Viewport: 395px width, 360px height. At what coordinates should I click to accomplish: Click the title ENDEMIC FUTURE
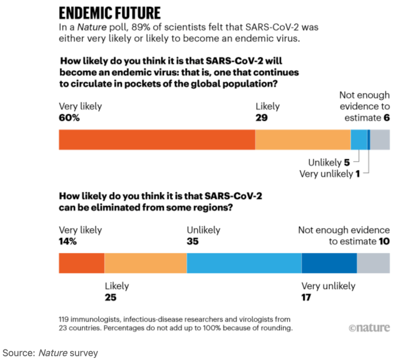pyautogui.click(x=110, y=12)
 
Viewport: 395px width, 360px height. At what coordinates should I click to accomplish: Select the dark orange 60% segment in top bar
pyautogui.click(x=157, y=140)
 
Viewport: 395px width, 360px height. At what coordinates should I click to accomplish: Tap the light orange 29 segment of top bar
pyautogui.click(x=303, y=140)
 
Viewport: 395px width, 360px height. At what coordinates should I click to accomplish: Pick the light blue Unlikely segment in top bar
pyautogui.click(x=359, y=140)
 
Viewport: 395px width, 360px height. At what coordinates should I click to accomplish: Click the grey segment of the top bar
pyautogui.click(x=380, y=140)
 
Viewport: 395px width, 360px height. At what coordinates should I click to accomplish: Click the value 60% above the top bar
pyautogui.click(x=69, y=118)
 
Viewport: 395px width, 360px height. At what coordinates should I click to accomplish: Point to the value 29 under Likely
pyautogui.click(x=262, y=118)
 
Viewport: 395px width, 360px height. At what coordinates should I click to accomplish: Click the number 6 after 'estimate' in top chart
pyautogui.click(x=387, y=118)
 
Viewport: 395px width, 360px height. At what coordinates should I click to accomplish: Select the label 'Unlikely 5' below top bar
pyautogui.click(x=329, y=163)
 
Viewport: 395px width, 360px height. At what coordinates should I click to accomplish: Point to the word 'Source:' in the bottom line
pyautogui.click(x=19, y=352)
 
